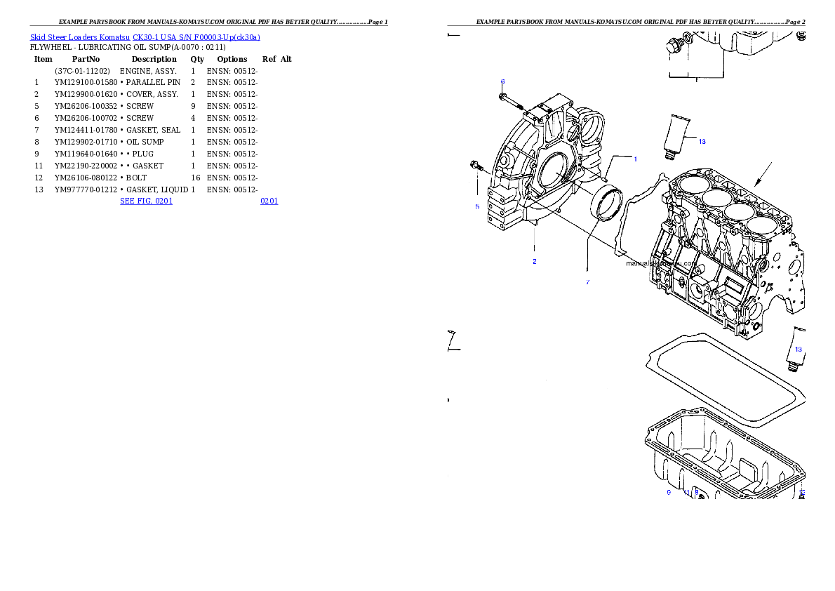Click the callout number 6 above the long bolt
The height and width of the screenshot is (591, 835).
(502, 81)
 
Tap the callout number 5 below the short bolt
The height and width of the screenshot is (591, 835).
(477, 206)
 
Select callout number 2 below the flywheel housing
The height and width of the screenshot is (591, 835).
(535, 261)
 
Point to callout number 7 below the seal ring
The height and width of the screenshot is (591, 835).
(588, 282)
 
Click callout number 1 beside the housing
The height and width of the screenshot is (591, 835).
(636, 159)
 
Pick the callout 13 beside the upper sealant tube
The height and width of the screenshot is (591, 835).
(702, 141)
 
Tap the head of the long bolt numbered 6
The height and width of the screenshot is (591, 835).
(502, 95)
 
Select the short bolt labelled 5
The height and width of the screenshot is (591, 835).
(476, 166)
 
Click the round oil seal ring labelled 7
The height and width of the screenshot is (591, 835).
(608, 204)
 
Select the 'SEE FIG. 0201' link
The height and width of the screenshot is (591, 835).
(145, 201)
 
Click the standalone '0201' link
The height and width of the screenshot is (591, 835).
(269, 201)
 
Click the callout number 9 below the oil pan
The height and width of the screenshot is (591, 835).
(669, 493)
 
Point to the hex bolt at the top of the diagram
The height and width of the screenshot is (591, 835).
(675, 46)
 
